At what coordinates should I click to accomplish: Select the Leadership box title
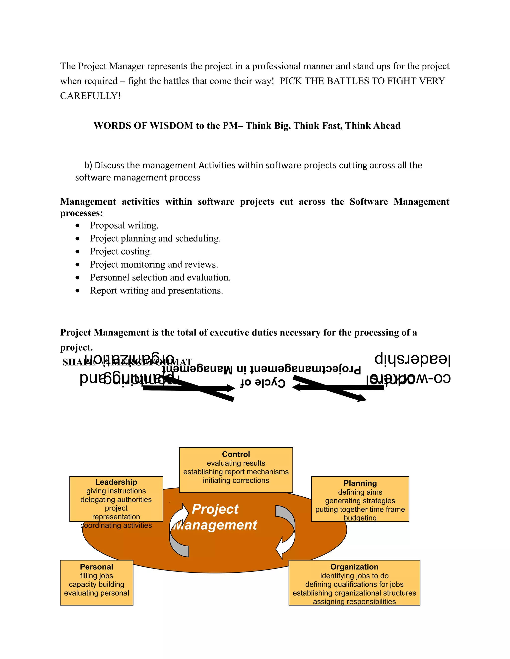coord(116,482)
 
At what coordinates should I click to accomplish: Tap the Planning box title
coord(360,483)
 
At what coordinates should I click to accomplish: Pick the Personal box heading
coord(96,567)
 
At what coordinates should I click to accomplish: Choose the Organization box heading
coord(354,567)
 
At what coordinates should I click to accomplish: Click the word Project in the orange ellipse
coord(215,509)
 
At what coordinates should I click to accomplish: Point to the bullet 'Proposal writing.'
coord(124,225)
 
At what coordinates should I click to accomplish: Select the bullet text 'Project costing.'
coord(121,251)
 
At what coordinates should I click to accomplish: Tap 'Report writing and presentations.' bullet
coord(156,290)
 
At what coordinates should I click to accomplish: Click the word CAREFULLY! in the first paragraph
coord(90,96)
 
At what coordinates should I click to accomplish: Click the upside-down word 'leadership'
coord(412,359)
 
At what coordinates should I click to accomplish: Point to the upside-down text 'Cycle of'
coord(263,383)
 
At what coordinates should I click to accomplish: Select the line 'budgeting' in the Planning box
coord(360,518)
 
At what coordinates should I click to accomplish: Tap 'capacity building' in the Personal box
coord(96,584)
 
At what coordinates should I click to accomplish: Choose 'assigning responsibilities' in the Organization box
coord(354,601)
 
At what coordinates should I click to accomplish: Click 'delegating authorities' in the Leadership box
coord(116,499)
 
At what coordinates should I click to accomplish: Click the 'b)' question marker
coord(88,165)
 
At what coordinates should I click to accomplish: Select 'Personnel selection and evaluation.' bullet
coord(160,278)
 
